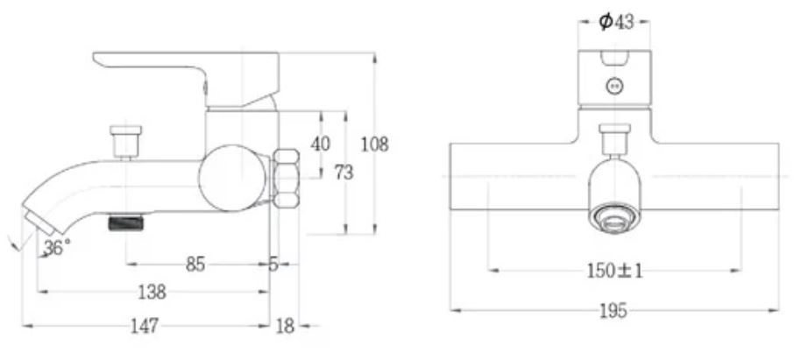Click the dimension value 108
click(x=375, y=145)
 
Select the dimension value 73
click(x=344, y=173)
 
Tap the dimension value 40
click(x=321, y=144)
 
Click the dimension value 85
click(x=196, y=263)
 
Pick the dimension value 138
click(x=152, y=292)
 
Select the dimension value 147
click(x=145, y=326)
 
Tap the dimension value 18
click(x=286, y=326)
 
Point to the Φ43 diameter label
click(x=616, y=22)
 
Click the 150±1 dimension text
click(x=614, y=271)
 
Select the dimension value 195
click(x=614, y=311)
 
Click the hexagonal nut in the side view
click(x=287, y=180)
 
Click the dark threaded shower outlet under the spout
click(x=125, y=224)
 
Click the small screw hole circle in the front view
click(x=615, y=86)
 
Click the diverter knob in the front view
click(x=615, y=139)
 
